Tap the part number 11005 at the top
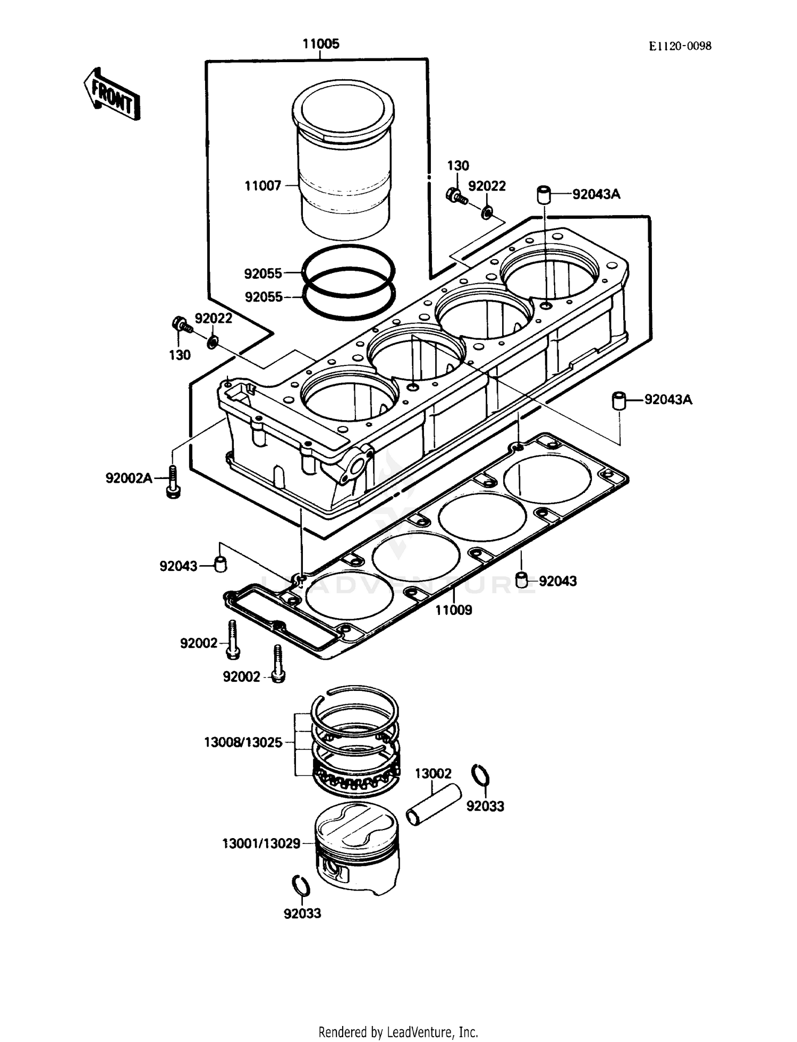pyautogui.click(x=321, y=44)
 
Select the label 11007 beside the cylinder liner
pyautogui.click(x=262, y=186)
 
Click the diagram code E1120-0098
pyautogui.click(x=680, y=46)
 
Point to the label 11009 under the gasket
pyautogui.click(x=453, y=610)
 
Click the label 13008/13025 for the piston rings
pyautogui.click(x=243, y=742)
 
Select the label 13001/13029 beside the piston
pyautogui.click(x=261, y=843)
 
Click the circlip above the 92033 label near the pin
pyautogui.click(x=480, y=776)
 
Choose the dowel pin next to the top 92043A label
pyautogui.click(x=544, y=194)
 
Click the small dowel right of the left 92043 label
pyautogui.click(x=221, y=564)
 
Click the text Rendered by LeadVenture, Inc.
pyautogui.click(x=398, y=1032)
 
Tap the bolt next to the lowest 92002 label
pyautogui.click(x=278, y=664)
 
